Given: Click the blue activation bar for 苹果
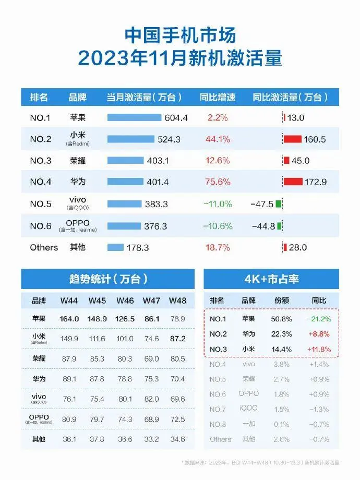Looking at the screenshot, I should pyautogui.click(x=134, y=117).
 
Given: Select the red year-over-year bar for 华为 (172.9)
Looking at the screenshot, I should pyautogui.click(x=293, y=182).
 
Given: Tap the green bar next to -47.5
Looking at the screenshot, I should pyautogui.click(x=279, y=203).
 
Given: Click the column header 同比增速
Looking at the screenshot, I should pyautogui.click(x=217, y=97).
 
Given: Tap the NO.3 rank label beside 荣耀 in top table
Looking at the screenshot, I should pyautogui.click(x=41, y=161).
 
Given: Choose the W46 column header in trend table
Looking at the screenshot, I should pyautogui.click(x=125, y=301).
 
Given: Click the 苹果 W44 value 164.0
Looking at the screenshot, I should pyautogui.click(x=69, y=319).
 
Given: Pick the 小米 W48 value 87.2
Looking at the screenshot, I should pyautogui.click(x=178, y=339).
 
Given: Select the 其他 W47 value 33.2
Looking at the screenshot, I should pyautogui.click(x=152, y=439).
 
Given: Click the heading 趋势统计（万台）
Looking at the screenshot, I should pyautogui.click(x=107, y=279).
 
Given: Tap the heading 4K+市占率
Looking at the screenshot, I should pyautogui.click(x=271, y=279).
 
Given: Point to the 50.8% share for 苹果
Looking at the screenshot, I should pyautogui.click(x=281, y=319).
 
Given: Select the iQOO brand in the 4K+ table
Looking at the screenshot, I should pyautogui.click(x=249, y=409).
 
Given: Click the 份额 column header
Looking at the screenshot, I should pyautogui.click(x=281, y=301).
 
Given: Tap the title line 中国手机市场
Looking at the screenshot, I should pyautogui.click(x=180, y=35).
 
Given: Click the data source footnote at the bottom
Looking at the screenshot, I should pyautogui.click(x=261, y=462).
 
